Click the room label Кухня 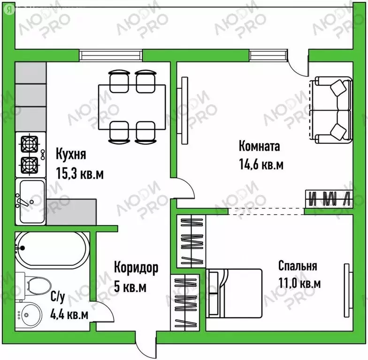[x=71, y=154]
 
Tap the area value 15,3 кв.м [x=80, y=173]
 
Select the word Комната [x=259, y=146]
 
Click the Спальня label [x=297, y=266]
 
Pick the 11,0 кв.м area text [x=299, y=284]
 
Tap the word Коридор [x=136, y=268]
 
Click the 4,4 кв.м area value [x=69, y=315]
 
